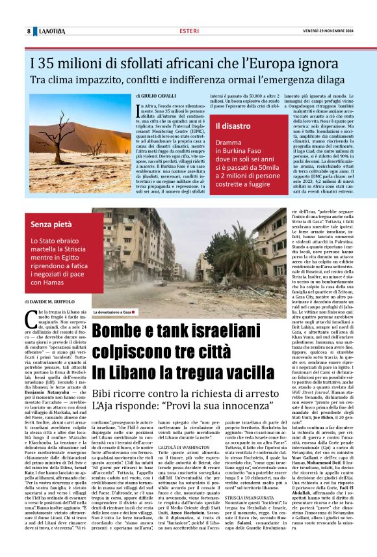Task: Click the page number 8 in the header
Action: pos(29,31)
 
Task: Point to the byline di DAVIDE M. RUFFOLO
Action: pos(57,303)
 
